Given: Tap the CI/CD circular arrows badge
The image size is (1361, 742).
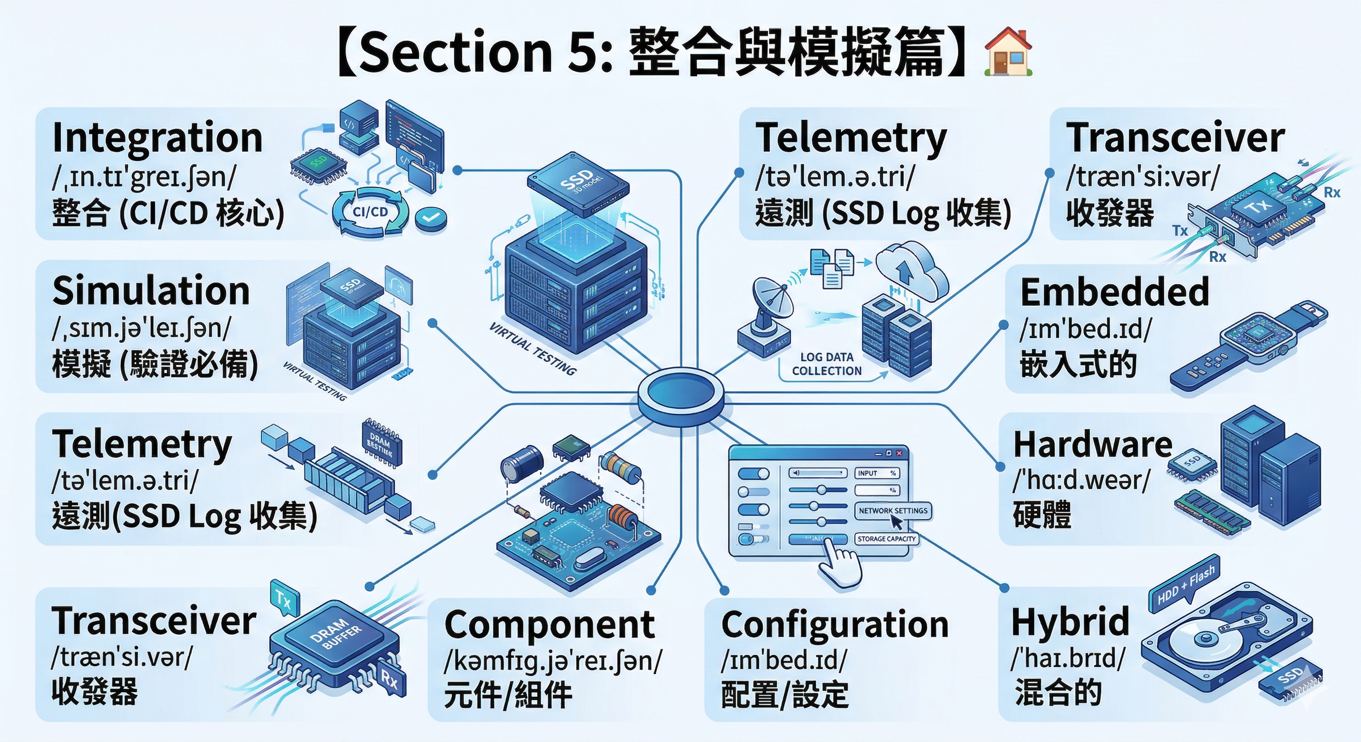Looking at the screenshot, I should [370, 212].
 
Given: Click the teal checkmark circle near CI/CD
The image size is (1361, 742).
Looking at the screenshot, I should [431, 216].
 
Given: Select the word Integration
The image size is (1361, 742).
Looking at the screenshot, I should [158, 137].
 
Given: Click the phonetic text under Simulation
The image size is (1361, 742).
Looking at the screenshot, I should [142, 329].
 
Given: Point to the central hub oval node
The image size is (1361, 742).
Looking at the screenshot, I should [680, 393].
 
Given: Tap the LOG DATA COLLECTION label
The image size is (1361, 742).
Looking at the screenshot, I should [827, 364].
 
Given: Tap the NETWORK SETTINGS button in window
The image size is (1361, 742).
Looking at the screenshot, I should [892, 511].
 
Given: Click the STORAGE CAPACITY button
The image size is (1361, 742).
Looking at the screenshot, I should [886, 539].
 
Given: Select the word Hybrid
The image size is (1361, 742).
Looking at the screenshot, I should [1071, 622].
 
